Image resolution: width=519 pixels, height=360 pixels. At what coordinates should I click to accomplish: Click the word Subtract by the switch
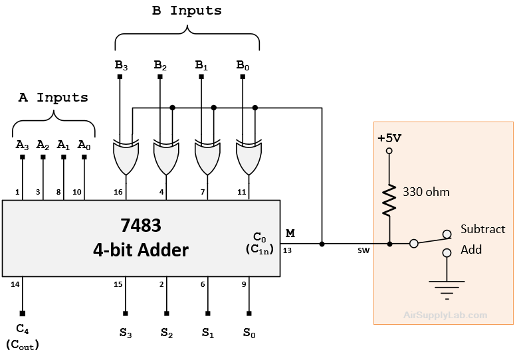point(483,229)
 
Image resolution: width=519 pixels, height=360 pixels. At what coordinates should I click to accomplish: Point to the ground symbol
point(447,285)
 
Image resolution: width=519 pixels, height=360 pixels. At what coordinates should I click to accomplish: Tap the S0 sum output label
point(248,331)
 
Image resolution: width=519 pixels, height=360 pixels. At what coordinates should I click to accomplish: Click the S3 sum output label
point(124,331)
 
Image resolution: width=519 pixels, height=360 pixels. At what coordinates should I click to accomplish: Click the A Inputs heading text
point(52,97)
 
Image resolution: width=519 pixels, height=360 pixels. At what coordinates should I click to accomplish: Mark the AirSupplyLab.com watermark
point(445,316)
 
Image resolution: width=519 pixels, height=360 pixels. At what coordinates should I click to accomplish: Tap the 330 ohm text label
point(427,192)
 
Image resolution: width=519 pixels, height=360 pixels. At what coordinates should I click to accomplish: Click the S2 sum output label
point(165,331)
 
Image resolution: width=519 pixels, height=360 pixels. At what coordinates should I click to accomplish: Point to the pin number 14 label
point(15,284)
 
